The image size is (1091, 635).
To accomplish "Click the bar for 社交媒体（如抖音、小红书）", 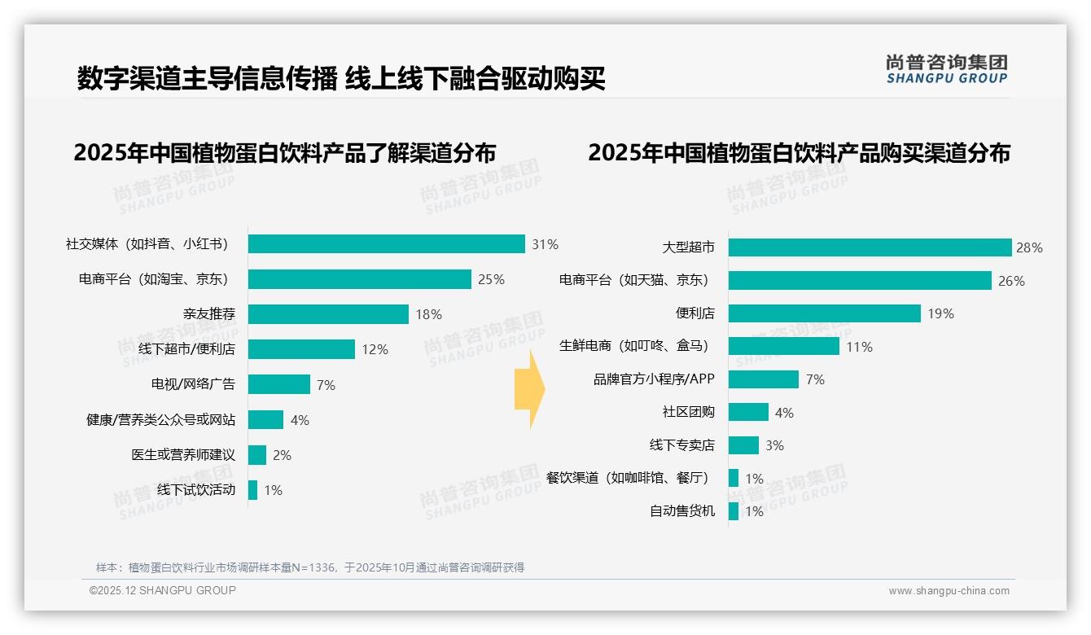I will pyautogui.click(x=386, y=243).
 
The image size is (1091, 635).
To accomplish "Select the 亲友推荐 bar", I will pyautogui.click(x=328, y=314).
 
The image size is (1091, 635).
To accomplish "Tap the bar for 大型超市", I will pyautogui.click(x=870, y=247).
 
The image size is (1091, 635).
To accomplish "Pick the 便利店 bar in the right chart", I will pyautogui.click(x=824, y=313).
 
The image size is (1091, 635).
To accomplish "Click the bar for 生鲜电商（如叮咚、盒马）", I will pyautogui.click(x=783, y=346).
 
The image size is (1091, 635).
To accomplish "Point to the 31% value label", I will pyautogui.click(x=545, y=244).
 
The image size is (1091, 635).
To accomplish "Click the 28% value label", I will pyautogui.click(x=1030, y=248).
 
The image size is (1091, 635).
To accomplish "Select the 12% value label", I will pyautogui.click(x=375, y=350).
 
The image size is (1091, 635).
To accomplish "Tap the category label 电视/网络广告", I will pyautogui.click(x=193, y=384).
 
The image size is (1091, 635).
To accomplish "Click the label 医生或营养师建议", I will pyautogui.click(x=183, y=454).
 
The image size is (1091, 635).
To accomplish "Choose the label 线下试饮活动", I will pyautogui.click(x=196, y=489).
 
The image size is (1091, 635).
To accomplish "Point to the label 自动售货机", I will pyautogui.click(x=682, y=511).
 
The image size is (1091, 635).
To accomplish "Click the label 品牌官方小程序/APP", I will pyautogui.click(x=654, y=379).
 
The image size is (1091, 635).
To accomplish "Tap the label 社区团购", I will pyautogui.click(x=689, y=412).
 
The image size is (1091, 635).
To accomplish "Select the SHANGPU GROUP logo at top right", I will pyautogui.click(x=946, y=69).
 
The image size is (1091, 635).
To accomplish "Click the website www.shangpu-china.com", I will pyautogui.click(x=949, y=591).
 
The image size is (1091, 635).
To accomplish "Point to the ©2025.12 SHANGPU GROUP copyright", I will pyautogui.click(x=163, y=590).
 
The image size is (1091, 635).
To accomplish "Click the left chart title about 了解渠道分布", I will pyautogui.click(x=284, y=153).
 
